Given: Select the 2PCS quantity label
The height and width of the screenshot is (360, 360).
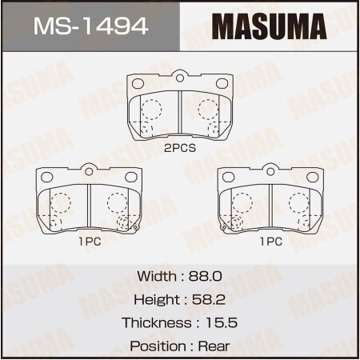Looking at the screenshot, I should (x=179, y=149).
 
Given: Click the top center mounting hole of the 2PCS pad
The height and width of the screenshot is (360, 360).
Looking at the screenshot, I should (x=180, y=78).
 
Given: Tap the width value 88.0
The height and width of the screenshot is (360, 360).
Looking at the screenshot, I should (x=206, y=275).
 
